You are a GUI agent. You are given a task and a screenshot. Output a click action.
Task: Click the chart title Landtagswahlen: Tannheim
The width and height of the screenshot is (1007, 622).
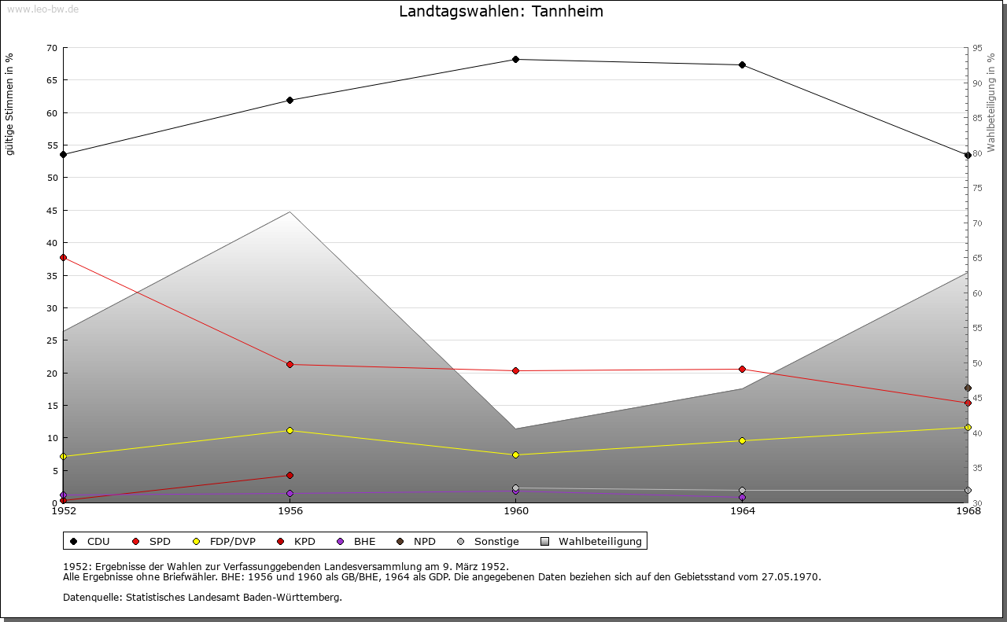501,12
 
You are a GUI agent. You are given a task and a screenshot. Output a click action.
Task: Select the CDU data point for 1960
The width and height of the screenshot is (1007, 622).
515,59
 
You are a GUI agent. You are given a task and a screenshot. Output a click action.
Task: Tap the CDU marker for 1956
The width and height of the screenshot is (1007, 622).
290,100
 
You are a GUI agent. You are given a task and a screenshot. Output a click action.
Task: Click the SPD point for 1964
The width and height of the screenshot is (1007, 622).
742,370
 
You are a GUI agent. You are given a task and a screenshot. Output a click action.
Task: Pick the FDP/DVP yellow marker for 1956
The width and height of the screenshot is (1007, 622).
290,430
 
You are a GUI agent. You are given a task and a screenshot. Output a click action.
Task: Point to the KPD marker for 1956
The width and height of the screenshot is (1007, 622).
290,475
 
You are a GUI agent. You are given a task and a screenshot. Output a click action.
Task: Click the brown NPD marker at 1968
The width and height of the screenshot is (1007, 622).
968,388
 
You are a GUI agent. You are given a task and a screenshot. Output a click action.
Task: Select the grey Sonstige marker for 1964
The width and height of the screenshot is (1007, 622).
742,490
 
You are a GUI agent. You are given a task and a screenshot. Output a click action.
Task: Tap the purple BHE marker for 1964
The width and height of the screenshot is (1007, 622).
742,498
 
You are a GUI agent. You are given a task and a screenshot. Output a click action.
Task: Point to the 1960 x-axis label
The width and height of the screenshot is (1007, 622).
515,511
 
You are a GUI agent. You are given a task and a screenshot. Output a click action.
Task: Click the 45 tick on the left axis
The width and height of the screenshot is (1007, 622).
52,210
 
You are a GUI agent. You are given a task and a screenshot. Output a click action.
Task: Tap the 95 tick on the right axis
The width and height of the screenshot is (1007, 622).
977,48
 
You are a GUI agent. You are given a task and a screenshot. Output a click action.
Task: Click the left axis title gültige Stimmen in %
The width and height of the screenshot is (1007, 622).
10,105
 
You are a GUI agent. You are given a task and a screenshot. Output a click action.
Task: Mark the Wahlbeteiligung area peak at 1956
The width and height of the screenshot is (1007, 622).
290,212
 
